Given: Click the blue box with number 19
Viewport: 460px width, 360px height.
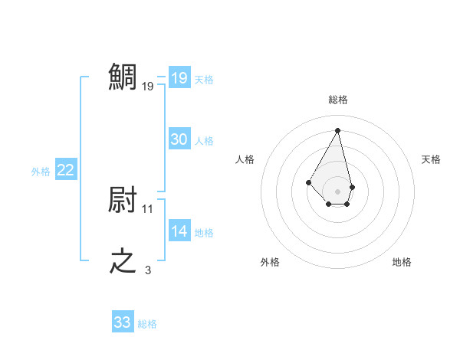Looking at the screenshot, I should [179, 78].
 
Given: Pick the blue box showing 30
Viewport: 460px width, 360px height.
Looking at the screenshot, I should [179, 139].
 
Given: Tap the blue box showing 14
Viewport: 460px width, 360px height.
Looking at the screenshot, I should [179, 231].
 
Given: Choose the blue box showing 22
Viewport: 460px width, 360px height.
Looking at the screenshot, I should [65, 171].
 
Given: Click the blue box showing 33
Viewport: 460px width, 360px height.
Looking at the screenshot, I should [123, 322].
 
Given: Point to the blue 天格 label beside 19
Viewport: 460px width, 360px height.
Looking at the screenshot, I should [204, 80].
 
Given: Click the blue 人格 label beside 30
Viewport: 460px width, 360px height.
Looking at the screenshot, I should [204, 141].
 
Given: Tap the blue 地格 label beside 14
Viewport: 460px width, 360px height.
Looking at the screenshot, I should [204, 233].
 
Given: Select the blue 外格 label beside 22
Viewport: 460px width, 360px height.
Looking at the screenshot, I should [41, 172].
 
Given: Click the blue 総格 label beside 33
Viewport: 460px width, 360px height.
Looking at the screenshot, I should [147, 324].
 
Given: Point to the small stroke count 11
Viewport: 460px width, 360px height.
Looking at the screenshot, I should [148, 208].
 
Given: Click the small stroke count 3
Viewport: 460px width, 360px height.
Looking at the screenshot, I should [148, 270].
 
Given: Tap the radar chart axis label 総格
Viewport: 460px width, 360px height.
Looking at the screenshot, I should [338, 100].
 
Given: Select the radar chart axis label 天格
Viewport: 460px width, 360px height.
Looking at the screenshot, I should [431, 159].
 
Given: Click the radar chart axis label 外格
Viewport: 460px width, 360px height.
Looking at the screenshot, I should [270, 262].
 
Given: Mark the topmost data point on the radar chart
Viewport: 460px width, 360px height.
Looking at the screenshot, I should [338, 130].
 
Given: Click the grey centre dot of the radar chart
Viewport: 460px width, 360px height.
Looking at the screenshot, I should [338, 191].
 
